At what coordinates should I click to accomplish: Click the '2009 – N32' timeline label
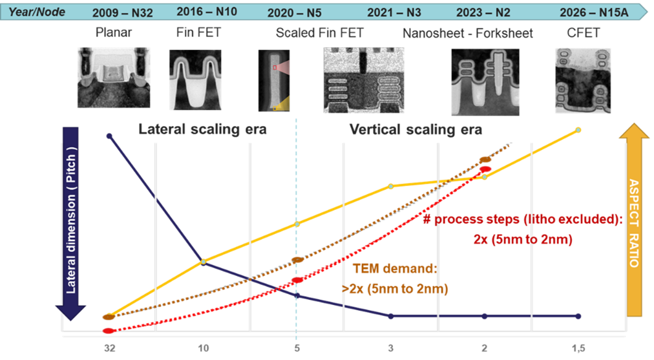pos(122,12)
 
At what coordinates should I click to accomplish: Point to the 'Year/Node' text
pos(37,11)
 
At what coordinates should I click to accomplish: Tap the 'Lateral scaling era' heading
pos(202,129)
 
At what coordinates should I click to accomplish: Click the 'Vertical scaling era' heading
pos(416,129)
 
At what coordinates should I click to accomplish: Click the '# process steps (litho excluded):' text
pos(522,219)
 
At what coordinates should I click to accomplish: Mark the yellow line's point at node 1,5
pos(578,130)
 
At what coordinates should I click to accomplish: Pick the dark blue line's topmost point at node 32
pos(109,136)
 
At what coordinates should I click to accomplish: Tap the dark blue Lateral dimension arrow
pos(72,220)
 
